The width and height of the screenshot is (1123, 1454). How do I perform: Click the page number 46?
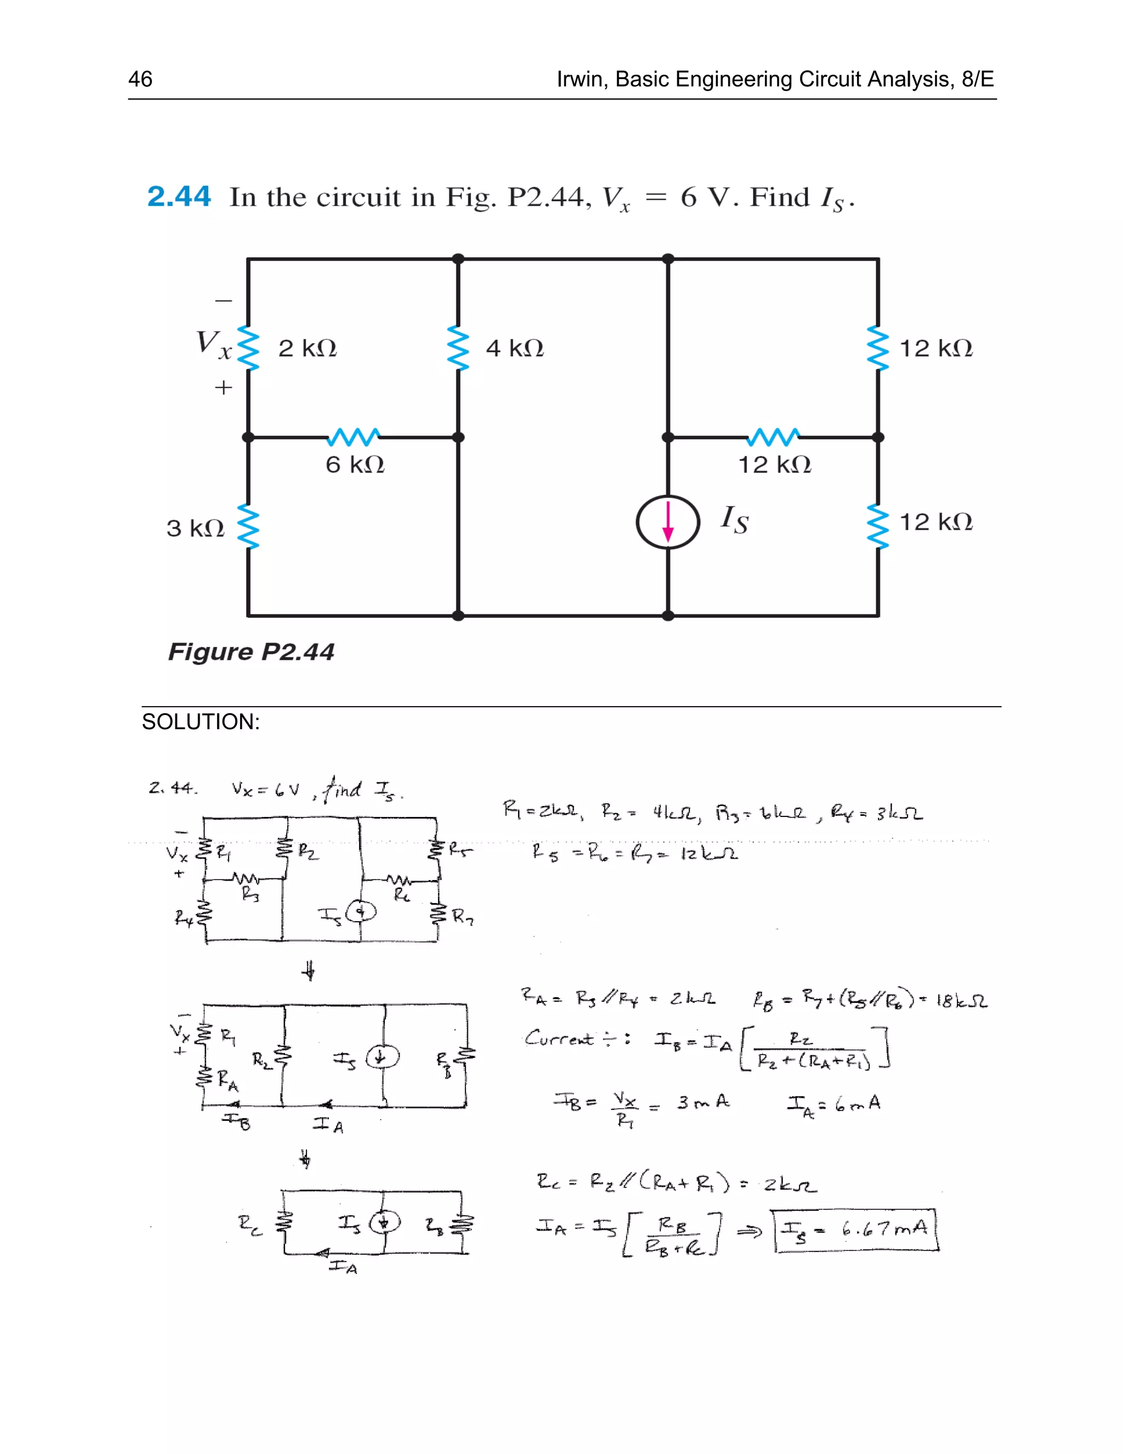point(140,79)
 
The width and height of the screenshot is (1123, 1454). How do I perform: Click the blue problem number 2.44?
point(178,197)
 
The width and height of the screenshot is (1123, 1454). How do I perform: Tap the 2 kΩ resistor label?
point(308,348)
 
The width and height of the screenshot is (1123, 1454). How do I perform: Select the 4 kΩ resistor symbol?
point(458,347)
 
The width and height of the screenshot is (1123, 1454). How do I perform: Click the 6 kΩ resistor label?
point(355,465)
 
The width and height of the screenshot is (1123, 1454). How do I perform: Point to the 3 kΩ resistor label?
point(195,528)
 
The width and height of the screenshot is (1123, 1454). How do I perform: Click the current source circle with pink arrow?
point(668,522)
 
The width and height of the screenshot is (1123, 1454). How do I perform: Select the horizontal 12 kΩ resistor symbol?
point(773,437)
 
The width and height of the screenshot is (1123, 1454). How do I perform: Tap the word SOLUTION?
point(200,722)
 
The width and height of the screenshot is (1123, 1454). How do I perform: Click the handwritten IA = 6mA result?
point(833,1104)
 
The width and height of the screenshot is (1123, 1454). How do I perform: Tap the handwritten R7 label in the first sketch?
point(462,917)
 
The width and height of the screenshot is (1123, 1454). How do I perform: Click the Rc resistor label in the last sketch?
point(250,1223)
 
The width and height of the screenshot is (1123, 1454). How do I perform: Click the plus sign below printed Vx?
point(224,387)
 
